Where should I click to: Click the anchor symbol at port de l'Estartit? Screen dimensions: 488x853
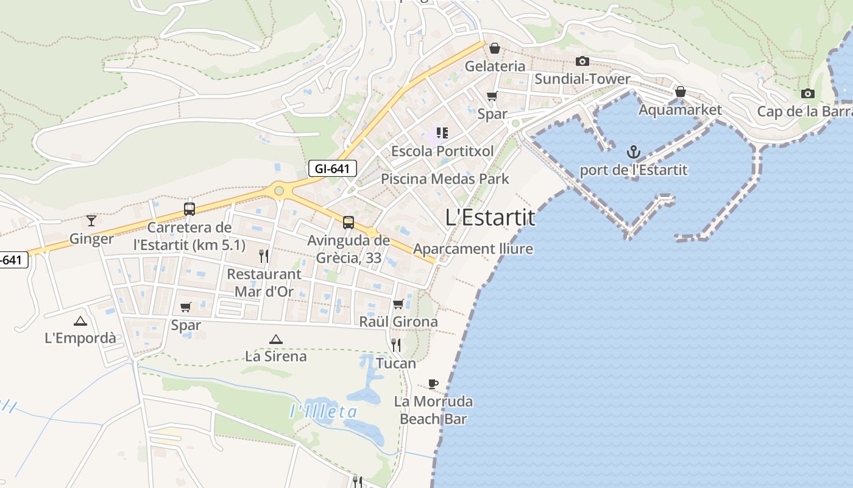coord(634,151)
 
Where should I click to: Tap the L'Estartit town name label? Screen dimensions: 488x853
coord(490,218)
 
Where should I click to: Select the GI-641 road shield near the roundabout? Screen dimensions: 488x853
coord(332,168)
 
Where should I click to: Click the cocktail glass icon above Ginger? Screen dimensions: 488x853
coord(91,220)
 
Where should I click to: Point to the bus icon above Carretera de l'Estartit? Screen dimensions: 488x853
coord(189,209)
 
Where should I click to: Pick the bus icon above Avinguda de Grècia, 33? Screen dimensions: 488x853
coord(349,223)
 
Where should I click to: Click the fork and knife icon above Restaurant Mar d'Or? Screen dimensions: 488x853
coord(264,256)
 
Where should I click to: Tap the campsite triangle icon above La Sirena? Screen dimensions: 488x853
coord(276,339)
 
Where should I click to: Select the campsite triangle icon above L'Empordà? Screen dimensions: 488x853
coord(80,321)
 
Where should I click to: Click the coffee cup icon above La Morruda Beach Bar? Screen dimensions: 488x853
coord(433,384)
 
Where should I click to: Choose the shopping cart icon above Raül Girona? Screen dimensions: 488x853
coord(398,304)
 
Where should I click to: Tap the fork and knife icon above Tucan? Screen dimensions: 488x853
coord(396,345)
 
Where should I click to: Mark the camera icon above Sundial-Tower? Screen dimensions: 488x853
coord(582,61)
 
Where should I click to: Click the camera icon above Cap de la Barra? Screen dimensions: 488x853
coord(808,93)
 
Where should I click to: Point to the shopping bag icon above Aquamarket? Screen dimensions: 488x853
coord(681,92)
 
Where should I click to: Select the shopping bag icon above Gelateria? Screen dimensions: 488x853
coord(495,48)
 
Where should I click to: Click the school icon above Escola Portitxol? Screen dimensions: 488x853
coord(442,133)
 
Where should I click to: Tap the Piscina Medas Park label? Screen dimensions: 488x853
coord(445,179)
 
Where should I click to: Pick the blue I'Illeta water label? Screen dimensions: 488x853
coord(324,412)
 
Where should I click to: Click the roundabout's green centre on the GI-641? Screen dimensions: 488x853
coord(279,191)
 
